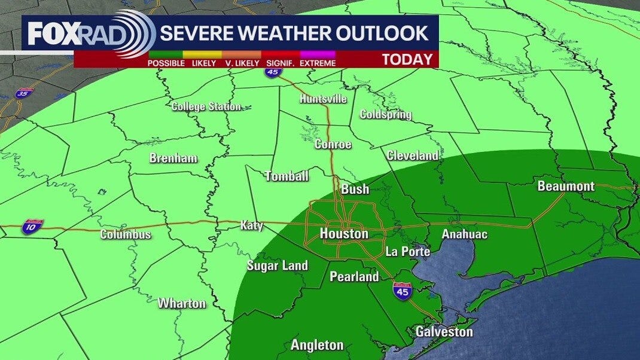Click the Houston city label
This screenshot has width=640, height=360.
344,234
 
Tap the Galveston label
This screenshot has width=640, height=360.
444,332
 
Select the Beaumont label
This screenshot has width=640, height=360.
566,186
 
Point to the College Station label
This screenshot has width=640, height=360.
206,107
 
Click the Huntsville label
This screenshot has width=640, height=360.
323,99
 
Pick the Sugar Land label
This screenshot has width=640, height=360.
278,266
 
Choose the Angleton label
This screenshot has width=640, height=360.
317,345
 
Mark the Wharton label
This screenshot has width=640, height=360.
182,303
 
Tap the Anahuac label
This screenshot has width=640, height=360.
464,234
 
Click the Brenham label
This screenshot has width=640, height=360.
173,159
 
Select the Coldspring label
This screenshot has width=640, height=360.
385,114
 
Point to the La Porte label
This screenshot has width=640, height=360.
407,252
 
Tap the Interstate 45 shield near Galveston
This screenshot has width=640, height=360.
401,291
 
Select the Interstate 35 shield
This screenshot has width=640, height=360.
25,93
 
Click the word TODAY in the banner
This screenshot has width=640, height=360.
407,59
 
